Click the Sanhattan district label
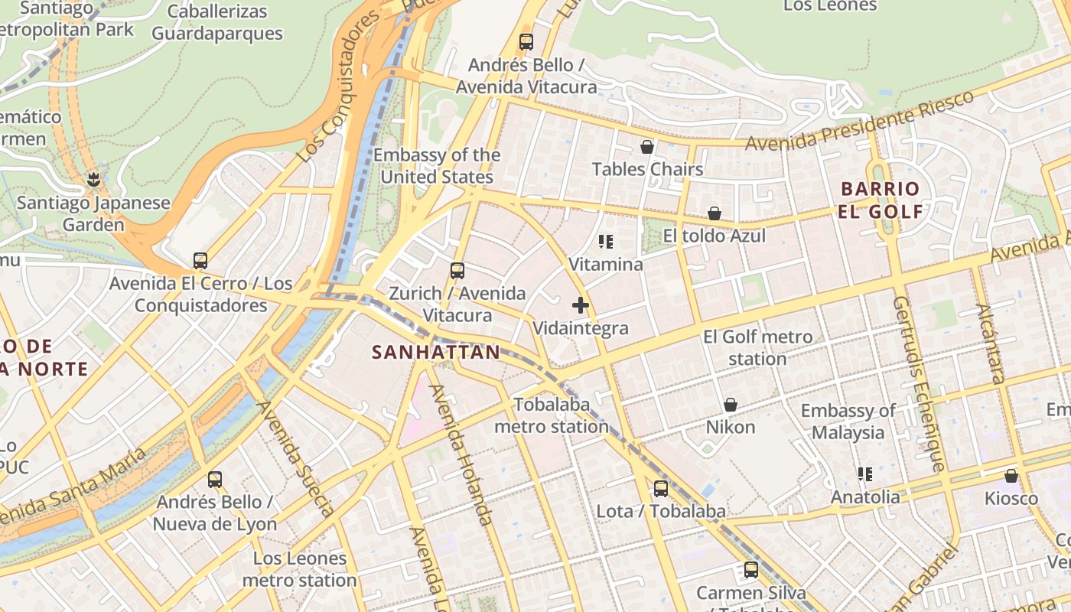(436, 353)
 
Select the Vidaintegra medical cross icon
(581, 306)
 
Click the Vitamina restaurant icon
(606, 243)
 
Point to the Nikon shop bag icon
(731, 405)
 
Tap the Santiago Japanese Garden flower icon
(93, 181)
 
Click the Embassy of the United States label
(437, 166)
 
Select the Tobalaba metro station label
(551, 415)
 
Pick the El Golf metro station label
(757, 348)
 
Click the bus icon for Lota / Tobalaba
(660, 489)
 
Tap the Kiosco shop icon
(1011, 476)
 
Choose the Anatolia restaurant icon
(865, 474)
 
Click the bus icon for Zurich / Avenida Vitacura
(457, 271)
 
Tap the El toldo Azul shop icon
(715, 213)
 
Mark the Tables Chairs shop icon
(647, 147)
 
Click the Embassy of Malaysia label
(848, 422)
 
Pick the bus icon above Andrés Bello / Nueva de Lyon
(215, 480)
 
